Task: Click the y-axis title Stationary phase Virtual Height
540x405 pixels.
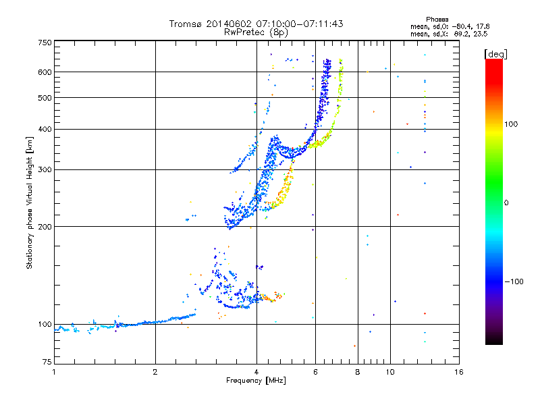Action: pos(30,202)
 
